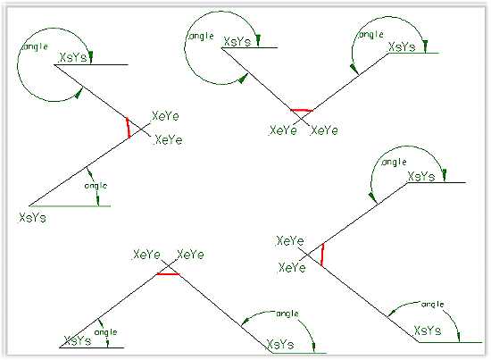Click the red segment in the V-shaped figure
click(x=302, y=110)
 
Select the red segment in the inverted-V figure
click(x=169, y=274)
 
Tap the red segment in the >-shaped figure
click(x=128, y=128)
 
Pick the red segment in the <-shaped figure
click(x=322, y=255)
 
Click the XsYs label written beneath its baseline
click(x=32, y=217)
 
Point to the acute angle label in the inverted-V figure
click(x=106, y=332)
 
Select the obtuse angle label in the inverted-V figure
click(x=287, y=314)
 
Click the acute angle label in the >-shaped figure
click(x=96, y=186)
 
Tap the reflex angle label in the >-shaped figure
click(x=35, y=47)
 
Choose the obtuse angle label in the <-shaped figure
click(x=433, y=305)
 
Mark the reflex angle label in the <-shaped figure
click(x=394, y=162)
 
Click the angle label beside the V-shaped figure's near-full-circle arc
click(x=201, y=37)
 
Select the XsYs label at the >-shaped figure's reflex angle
click(x=73, y=58)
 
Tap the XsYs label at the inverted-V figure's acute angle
click(x=78, y=340)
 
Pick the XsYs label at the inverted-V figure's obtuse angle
click(x=280, y=344)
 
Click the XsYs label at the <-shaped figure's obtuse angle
click(x=428, y=331)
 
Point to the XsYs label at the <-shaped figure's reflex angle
click(x=421, y=176)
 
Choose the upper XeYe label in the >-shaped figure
click(x=165, y=116)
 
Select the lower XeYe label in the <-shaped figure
click(x=292, y=268)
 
